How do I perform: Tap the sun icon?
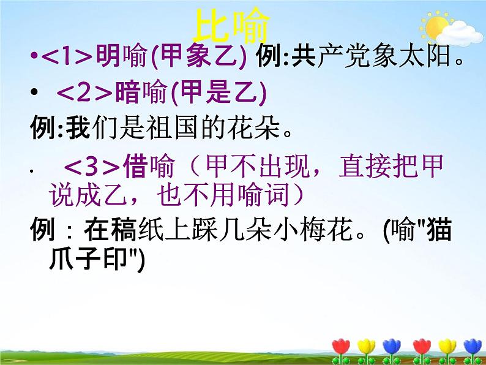tap(436, 28)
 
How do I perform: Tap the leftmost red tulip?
tap(341, 347)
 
